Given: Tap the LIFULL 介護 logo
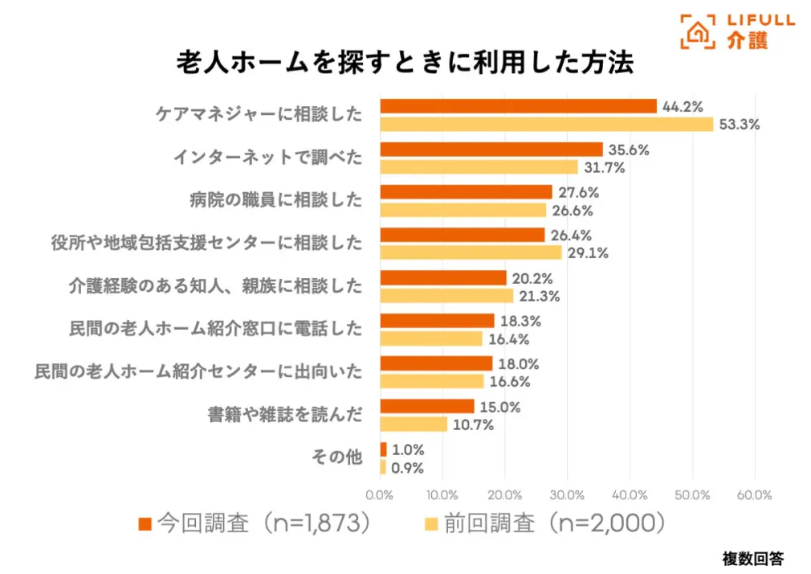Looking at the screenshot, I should click(x=736, y=31).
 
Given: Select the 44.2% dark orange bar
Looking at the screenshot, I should click(x=518, y=106).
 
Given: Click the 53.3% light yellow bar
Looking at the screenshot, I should click(x=546, y=125).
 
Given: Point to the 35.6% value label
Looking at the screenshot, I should click(x=629, y=150).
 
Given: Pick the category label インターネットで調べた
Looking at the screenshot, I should click(x=268, y=158).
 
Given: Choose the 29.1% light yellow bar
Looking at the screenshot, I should click(x=471, y=252).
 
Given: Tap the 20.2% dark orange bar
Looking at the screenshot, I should click(x=443, y=277).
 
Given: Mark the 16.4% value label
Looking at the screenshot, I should click(x=507, y=339).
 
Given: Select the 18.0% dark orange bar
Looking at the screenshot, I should click(x=436, y=363).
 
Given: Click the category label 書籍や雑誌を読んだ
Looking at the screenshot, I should click(x=285, y=415).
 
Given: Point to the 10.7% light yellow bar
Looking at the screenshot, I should click(x=414, y=424).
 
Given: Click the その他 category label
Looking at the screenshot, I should click(x=336, y=457).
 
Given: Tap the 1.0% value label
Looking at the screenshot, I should click(x=408, y=449).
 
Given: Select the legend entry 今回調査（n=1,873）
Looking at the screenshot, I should click(x=255, y=523).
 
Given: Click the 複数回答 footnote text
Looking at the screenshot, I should click(x=752, y=558).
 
